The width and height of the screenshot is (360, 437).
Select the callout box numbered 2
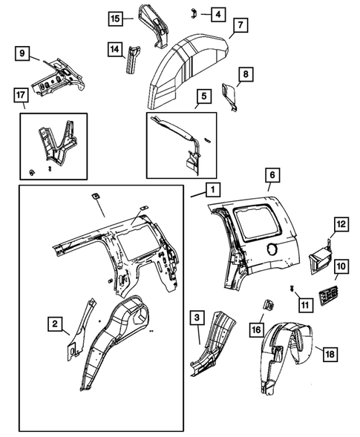click(55, 323)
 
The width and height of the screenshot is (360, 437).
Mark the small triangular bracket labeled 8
click(232, 97)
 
